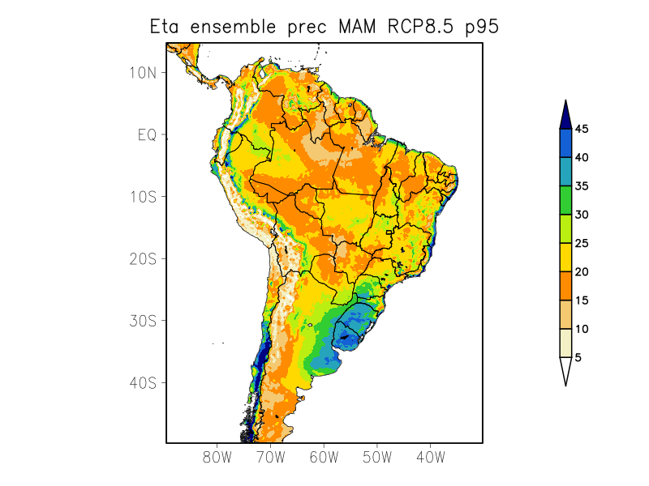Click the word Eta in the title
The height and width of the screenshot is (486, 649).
[165, 27]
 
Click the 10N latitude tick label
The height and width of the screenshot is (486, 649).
[143, 72]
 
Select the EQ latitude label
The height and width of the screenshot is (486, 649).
[147, 134]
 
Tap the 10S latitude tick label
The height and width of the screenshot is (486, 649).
[143, 197]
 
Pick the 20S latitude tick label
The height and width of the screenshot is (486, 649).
[143, 258]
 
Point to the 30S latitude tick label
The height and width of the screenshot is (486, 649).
[143, 321]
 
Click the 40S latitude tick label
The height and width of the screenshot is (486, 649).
[143, 382]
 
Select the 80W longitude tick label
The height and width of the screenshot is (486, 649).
[217, 457]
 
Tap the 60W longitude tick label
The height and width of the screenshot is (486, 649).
[324, 457]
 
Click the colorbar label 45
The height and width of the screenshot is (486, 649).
[582, 129]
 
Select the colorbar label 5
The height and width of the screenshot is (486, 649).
[578, 357]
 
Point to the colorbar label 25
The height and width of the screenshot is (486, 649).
[582, 243]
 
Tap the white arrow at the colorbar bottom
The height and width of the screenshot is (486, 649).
[565, 370]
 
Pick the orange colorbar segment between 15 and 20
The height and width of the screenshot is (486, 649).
[565, 286]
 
